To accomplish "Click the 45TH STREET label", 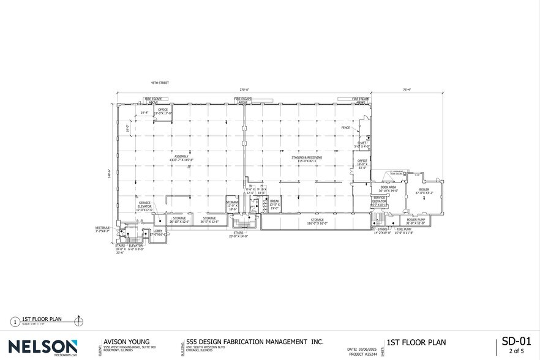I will point(160,83).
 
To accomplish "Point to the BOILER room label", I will point(424,190).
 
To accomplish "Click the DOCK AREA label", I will point(389,187).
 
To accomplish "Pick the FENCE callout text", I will point(345,128).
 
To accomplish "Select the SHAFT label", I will point(362,143).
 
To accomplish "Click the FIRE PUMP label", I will point(403,230).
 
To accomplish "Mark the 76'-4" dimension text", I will point(407,90).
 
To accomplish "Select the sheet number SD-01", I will point(514,340).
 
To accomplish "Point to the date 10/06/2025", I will point(364,349).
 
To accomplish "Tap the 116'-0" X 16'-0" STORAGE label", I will point(317,221).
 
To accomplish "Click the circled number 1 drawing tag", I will point(14,321).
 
